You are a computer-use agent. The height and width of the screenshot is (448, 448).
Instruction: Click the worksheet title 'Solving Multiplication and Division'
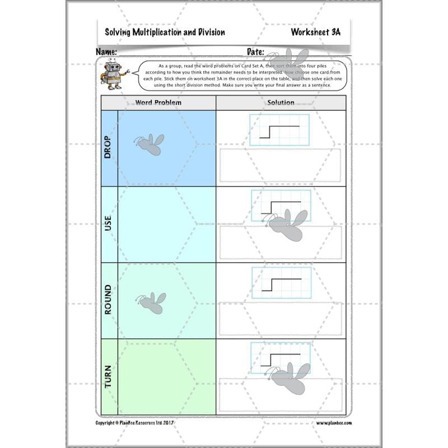point(165,32)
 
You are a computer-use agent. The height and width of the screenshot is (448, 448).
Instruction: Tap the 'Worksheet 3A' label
point(315,32)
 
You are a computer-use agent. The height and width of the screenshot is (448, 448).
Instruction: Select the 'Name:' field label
point(106,52)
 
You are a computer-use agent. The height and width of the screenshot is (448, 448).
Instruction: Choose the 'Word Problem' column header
point(158,102)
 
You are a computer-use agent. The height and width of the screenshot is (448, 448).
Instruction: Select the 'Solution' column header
point(281,102)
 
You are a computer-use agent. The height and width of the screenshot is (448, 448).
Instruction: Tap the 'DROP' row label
point(108,148)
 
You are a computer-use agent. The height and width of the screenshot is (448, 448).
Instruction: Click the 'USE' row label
point(108,224)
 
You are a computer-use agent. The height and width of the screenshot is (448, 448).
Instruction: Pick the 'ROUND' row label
point(108,300)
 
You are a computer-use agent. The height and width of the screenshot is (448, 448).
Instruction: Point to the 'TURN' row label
point(108,376)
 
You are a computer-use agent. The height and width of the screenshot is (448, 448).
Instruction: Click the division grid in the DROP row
point(279,130)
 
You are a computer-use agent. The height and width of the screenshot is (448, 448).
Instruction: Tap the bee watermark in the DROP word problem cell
point(150,144)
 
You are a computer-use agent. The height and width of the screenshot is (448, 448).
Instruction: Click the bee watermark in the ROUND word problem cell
point(152,302)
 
